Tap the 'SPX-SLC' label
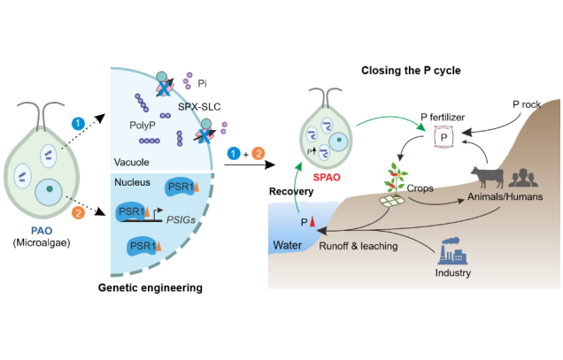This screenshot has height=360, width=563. (210, 107)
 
